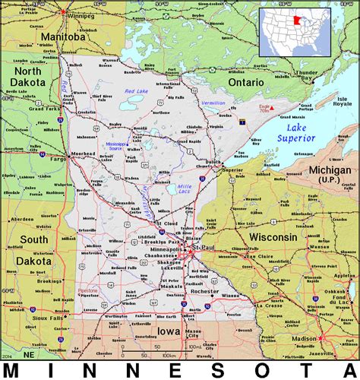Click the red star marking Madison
coord(319,337)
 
